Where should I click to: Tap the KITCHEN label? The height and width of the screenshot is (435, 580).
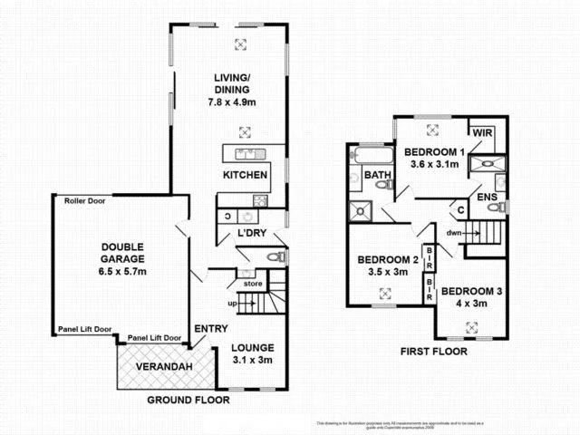245,175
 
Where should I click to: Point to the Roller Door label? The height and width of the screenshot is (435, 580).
85,201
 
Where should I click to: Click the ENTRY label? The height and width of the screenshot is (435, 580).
210,328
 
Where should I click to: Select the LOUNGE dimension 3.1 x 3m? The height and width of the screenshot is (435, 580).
253,360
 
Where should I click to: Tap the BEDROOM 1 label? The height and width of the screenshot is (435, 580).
434,152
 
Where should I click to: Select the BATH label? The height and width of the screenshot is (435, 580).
377,174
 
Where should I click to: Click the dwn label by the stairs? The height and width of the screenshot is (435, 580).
453,231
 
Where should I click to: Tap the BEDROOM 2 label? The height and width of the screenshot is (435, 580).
382,258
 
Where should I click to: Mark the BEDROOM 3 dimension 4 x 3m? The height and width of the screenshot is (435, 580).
471,304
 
